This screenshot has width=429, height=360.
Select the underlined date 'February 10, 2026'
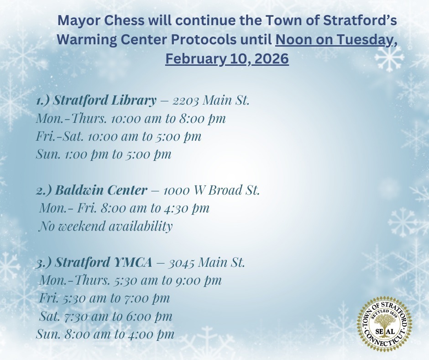click(227, 59)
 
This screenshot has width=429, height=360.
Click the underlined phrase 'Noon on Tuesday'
click(334, 40)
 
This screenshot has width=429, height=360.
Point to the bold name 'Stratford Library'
click(105, 101)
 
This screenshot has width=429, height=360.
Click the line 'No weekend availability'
click(106, 226)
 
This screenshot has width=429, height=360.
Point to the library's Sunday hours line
click(104, 154)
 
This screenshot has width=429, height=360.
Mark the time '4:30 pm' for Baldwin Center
click(186, 208)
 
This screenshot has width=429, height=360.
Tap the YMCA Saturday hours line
click(106, 316)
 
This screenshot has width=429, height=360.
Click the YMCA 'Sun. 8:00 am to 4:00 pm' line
click(105, 334)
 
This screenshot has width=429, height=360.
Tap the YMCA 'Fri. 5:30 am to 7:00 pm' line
click(105, 298)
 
